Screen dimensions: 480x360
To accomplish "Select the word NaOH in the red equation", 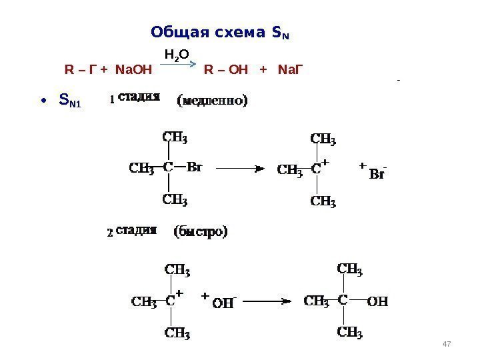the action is (134, 69).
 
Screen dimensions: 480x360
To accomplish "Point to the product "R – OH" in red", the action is (224, 69).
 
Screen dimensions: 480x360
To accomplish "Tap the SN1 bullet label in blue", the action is (69, 101).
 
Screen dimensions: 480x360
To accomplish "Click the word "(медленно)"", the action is (212, 101).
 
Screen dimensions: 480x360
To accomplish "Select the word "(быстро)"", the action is (201, 233).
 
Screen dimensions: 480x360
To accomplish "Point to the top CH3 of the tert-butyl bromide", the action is (175, 138).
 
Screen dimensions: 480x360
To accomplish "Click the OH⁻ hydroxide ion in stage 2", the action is (224, 303).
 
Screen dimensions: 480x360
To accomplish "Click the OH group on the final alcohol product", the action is (377, 301).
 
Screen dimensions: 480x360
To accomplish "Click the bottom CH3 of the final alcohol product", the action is (350, 331).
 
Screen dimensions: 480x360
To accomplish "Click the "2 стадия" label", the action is (133, 233).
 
